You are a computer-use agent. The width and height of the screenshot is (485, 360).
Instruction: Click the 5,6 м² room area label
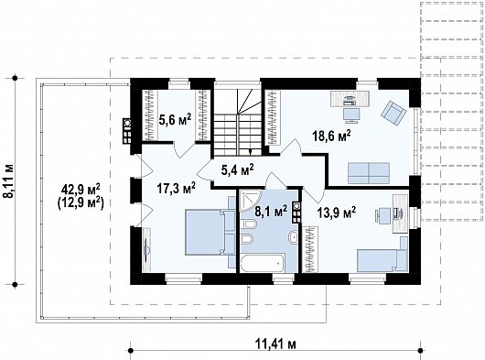[175, 119]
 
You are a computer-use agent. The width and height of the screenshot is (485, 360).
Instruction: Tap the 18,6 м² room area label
[331, 136]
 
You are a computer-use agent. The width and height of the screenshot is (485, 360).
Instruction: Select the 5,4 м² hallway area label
[238, 169]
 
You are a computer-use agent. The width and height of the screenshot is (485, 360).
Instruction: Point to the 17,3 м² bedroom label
[176, 188]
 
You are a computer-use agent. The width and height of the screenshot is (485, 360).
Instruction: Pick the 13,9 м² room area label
[337, 213]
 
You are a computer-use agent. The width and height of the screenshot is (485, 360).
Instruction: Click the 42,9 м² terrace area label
[81, 188]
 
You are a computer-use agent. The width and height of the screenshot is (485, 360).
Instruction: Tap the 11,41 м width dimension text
[275, 344]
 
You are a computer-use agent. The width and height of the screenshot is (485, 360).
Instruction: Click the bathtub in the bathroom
[263, 263]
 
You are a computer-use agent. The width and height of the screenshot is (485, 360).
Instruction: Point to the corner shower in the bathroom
[250, 201]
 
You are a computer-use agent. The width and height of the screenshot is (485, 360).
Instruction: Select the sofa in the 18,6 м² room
[369, 173]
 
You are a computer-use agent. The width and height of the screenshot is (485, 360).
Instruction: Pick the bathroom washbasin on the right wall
[293, 238]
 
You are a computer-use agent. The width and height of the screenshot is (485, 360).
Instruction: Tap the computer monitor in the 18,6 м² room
[351, 115]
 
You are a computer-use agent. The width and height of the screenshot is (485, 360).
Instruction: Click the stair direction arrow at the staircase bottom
[250, 151]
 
